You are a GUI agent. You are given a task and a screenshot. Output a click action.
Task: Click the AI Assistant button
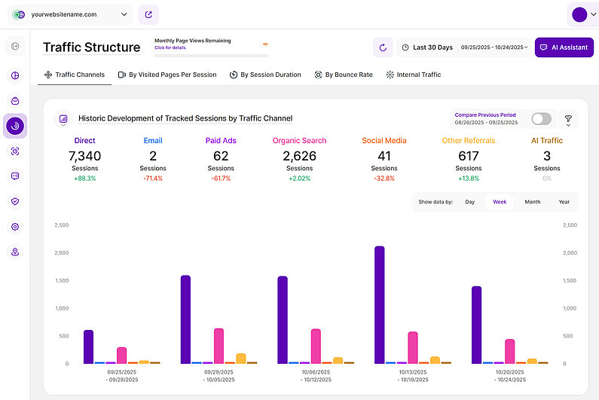coord(564,47)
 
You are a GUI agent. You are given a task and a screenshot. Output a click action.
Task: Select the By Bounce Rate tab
coord(344,75)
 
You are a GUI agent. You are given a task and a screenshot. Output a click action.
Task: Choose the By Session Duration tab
coord(265,75)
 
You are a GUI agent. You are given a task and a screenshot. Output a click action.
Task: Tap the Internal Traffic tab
coord(414,75)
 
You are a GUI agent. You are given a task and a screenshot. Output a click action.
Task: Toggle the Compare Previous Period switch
coord(541,119)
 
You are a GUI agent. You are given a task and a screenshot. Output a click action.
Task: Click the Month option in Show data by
coord(532,202)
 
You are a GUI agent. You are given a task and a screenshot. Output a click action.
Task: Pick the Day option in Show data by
coord(470,202)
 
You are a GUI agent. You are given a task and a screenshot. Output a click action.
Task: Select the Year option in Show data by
coord(564,202)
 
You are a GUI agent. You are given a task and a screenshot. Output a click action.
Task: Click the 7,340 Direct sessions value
coord(84,156)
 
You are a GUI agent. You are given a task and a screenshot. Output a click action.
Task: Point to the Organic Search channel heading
coord(299,140)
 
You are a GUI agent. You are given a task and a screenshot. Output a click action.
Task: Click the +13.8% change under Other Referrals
coord(468,179)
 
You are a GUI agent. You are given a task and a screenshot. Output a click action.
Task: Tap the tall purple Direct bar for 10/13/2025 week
coord(379,304)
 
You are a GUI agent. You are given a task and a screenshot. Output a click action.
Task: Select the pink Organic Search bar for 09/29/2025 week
coord(219,346)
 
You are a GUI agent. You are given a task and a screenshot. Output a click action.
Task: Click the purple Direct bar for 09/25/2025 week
coord(88,347)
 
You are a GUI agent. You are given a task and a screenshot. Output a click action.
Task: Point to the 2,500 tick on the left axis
coord(62,225)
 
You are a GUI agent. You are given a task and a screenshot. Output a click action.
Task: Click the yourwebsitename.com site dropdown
coord(71,14)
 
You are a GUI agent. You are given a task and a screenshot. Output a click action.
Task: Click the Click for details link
coord(170,47)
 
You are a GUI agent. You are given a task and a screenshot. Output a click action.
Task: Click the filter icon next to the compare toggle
coord(568,119)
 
